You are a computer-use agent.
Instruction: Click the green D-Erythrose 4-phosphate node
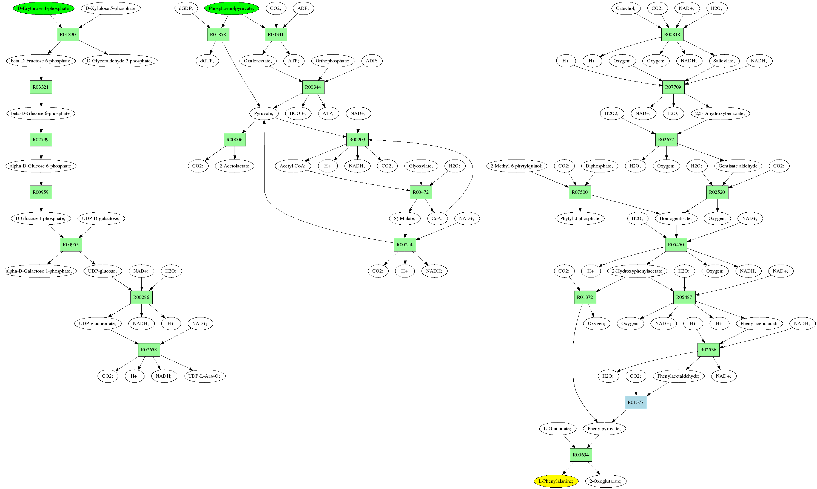(43, 8)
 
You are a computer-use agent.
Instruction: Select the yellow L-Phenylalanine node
(556, 481)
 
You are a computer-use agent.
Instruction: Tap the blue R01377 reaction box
(636, 402)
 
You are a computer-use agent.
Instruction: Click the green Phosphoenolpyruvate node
(231, 8)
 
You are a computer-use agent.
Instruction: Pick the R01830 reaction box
(68, 34)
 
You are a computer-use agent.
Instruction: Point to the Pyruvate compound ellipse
(264, 113)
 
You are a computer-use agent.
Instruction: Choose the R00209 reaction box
(357, 140)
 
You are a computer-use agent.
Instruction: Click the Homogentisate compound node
(676, 218)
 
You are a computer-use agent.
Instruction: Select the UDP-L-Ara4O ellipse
(204, 376)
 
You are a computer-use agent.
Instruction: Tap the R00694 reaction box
(581, 455)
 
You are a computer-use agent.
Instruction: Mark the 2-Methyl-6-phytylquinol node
(516, 166)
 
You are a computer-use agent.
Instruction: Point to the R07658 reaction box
(149, 350)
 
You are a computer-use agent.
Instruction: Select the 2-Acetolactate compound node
(234, 166)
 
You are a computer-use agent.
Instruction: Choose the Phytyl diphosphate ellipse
(579, 218)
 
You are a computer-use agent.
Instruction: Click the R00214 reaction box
(405, 245)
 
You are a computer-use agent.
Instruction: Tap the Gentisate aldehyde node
(738, 166)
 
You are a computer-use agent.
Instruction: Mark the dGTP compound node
(207, 61)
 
